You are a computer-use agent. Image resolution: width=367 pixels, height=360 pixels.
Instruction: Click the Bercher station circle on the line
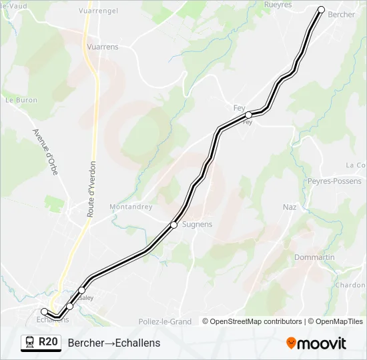(x=321, y=10)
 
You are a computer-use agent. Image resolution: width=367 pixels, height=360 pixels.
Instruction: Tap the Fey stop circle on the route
(x=248, y=115)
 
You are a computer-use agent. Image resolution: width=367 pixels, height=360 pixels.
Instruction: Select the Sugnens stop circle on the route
(x=173, y=225)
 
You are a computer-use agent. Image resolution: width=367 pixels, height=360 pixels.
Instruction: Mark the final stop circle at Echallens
(x=45, y=311)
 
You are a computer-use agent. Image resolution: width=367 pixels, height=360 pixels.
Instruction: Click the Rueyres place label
(x=278, y=5)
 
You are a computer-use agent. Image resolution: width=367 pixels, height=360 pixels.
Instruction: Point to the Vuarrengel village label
(x=97, y=11)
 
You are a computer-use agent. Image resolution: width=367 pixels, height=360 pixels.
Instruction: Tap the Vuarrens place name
(x=103, y=47)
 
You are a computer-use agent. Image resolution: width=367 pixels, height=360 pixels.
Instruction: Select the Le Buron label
(x=21, y=100)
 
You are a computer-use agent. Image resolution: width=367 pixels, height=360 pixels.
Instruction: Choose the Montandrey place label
(x=131, y=207)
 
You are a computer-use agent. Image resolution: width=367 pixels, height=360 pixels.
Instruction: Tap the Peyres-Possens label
(x=334, y=181)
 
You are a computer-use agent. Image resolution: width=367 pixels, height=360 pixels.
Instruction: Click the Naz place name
(x=290, y=207)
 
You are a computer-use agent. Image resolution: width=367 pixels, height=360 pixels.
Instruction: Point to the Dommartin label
(x=314, y=257)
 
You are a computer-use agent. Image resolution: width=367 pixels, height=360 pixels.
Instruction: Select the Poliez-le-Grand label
(x=165, y=321)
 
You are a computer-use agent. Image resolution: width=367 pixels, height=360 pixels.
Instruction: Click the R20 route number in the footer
(x=48, y=342)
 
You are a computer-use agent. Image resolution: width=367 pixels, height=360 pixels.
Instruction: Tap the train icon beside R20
(x=30, y=342)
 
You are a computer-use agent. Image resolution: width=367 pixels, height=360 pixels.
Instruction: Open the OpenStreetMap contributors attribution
(x=256, y=321)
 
